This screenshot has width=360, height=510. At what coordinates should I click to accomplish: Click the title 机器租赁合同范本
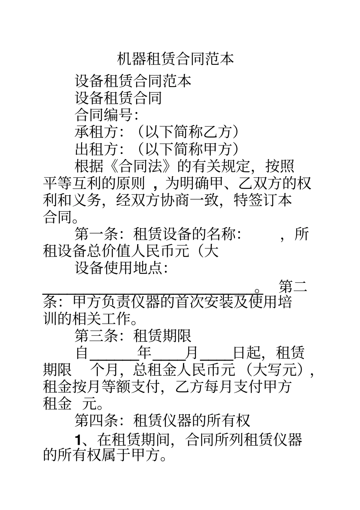tap(175, 59)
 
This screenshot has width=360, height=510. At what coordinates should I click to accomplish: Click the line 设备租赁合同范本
tap(133, 81)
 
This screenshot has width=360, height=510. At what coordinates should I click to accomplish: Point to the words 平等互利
tap(72, 184)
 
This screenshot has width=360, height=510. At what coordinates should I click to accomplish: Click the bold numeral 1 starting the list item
tap(78, 440)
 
